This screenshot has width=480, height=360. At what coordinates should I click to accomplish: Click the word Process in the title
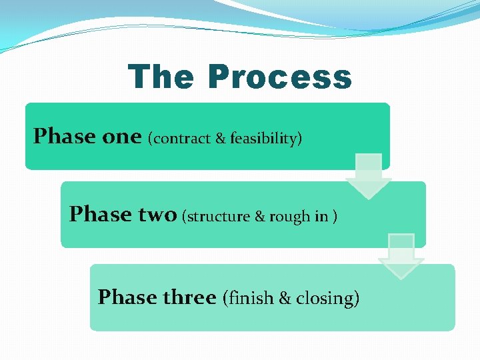(279, 77)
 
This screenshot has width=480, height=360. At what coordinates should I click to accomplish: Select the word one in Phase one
(122, 137)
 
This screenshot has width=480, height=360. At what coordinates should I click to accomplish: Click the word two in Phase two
(157, 215)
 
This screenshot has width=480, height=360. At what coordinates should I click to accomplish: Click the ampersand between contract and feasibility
(221, 139)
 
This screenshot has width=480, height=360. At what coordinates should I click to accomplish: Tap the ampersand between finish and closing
(285, 298)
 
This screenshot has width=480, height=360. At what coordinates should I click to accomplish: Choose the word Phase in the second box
(101, 215)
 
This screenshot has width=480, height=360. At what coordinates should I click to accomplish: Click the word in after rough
(321, 217)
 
